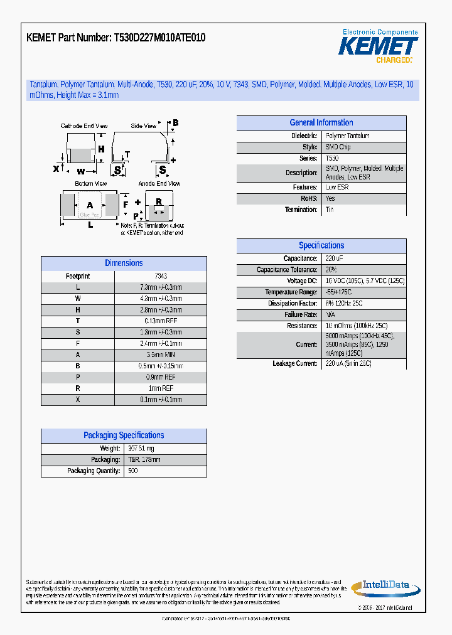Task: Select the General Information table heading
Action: click(321, 123)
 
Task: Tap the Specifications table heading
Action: click(321, 246)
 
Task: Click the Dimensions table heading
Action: click(124, 264)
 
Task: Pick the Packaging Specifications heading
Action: click(124, 435)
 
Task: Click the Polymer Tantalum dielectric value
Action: click(347, 136)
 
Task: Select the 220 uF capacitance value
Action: click(335, 259)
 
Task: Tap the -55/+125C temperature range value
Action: click(338, 292)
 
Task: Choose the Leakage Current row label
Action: click(295, 364)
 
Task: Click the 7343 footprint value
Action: click(160, 276)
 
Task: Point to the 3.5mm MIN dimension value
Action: click(160, 355)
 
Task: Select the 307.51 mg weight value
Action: click(141, 449)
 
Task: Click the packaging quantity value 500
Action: click(132, 471)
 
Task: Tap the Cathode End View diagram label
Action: click(83, 126)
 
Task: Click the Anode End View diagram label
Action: click(159, 184)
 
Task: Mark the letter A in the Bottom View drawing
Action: click(90, 205)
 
